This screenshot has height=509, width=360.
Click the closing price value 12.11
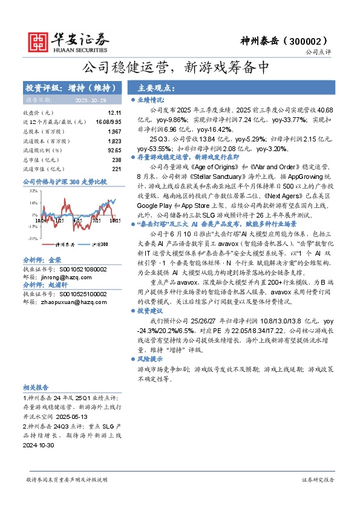[x=114, y=113]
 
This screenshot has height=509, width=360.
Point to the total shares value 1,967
[x=114, y=131]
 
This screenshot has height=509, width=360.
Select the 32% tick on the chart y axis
[x=33, y=190]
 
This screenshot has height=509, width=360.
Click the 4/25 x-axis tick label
[x=77, y=221]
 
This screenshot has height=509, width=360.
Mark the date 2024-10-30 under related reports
[x=38, y=445]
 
